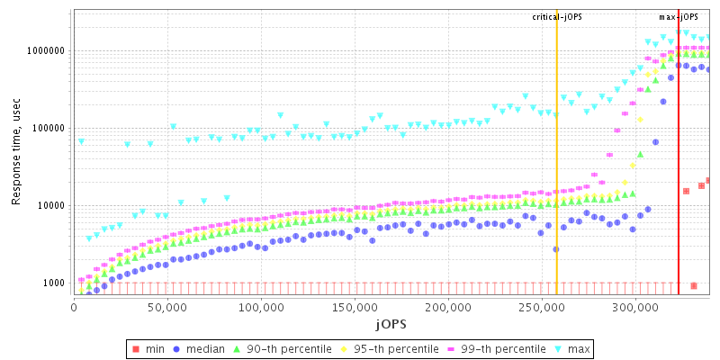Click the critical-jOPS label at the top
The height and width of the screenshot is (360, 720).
[557, 17]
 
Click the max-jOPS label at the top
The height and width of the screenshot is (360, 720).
[679, 17]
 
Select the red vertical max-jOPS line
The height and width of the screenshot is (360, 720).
[679, 180]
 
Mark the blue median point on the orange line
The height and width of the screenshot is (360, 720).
[556, 249]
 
